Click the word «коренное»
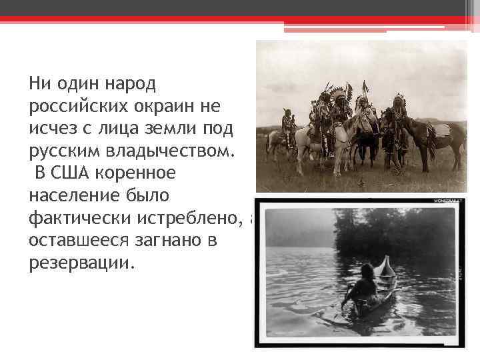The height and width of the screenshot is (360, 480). [x=137, y=173]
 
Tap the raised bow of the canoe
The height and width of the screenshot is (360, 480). [x=386, y=267]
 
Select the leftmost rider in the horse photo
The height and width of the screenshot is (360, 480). [x=288, y=127]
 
